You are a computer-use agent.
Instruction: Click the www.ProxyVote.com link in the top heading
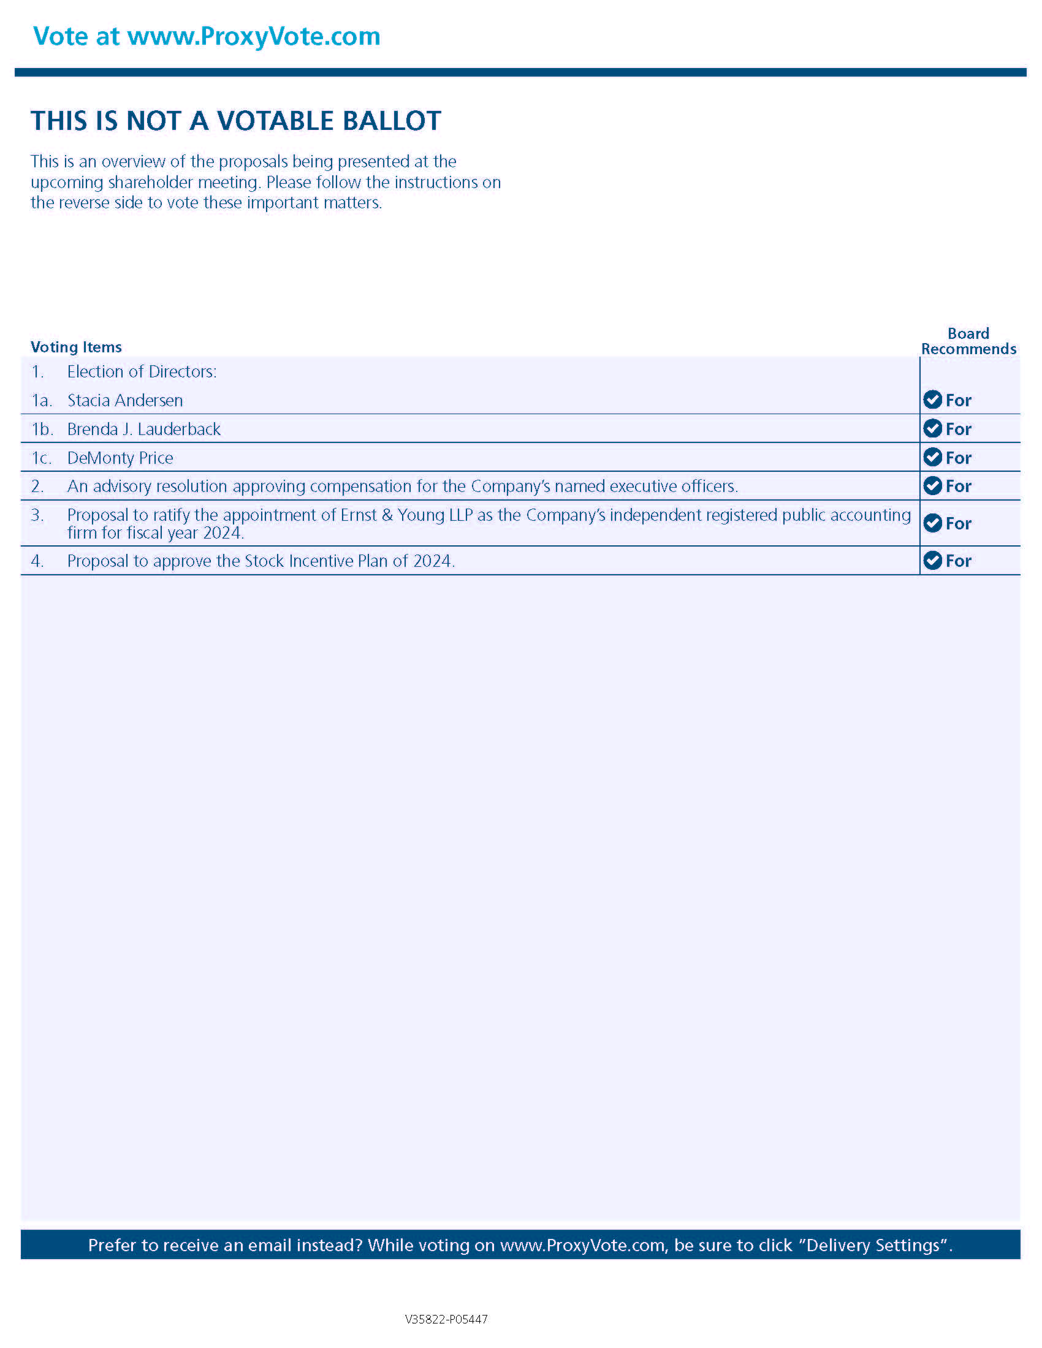point(254,37)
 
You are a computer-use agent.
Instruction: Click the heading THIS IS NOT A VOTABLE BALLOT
point(236,121)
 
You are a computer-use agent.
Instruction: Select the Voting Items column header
point(76,347)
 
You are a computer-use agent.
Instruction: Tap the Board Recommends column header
point(968,341)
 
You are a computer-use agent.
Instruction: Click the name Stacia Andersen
point(124,401)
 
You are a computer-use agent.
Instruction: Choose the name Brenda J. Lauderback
point(144,430)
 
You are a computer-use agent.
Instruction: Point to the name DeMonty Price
point(120,458)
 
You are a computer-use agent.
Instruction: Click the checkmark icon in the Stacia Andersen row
point(932,400)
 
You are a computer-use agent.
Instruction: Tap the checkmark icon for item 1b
point(932,428)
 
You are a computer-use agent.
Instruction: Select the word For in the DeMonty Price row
point(958,458)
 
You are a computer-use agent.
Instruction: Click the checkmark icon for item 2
point(932,486)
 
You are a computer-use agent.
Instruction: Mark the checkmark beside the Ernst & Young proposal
point(932,523)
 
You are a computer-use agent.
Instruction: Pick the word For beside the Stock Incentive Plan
point(958,561)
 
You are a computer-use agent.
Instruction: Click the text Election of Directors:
point(142,371)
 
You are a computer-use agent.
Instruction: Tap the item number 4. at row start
point(37,561)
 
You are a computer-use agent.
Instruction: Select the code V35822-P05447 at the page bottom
point(446,1320)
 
